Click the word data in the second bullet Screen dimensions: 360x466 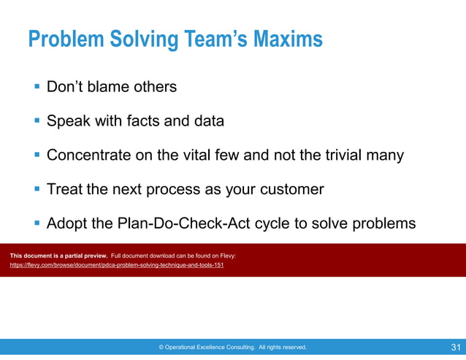pyautogui.click(x=208, y=121)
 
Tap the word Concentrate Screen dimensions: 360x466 pyautogui.click(x=89, y=156)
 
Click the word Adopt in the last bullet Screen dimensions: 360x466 pyautogui.click(x=66, y=223)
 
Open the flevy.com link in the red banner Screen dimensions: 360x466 pyautogui.click(x=117, y=265)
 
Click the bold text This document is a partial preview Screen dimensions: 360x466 pyautogui.click(x=58, y=256)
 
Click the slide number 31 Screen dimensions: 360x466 pyautogui.click(x=456, y=347)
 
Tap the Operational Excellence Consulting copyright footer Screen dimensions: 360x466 pyautogui.click(x=232, y=348)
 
